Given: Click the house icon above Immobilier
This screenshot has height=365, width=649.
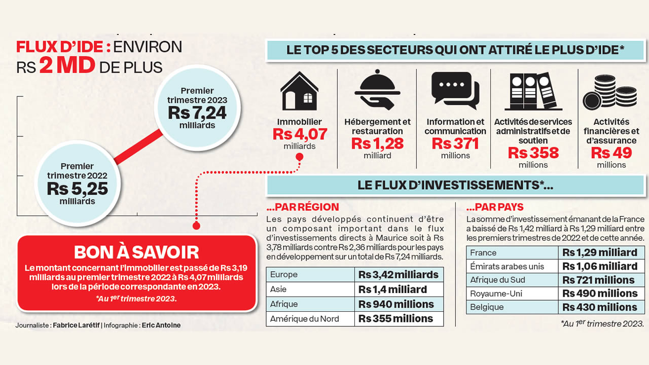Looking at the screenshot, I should point(299,91).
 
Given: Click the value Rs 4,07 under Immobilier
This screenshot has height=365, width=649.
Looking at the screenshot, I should point(300,134).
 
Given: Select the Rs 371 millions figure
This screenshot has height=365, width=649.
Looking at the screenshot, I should point(455,144).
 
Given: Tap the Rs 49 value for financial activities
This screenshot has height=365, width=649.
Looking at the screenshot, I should point(611,153).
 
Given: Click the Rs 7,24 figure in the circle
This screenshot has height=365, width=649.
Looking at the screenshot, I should point(197,113).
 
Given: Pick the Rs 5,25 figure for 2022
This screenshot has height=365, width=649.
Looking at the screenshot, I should point(77,189).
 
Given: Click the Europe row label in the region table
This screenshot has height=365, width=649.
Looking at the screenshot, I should point(284,275).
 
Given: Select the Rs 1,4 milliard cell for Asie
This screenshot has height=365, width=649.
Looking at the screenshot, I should point(392,289).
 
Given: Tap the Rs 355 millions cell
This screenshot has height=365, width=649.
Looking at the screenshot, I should point(396,319).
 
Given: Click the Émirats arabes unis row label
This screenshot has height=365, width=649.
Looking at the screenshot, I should point(507,266).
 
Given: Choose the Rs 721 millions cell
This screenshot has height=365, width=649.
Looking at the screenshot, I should point(598,280).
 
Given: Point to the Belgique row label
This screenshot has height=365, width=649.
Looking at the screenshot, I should point(487,307).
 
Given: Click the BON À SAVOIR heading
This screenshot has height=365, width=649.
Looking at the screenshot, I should point(136,252).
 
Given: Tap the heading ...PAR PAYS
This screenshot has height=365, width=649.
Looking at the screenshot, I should point(495,207).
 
